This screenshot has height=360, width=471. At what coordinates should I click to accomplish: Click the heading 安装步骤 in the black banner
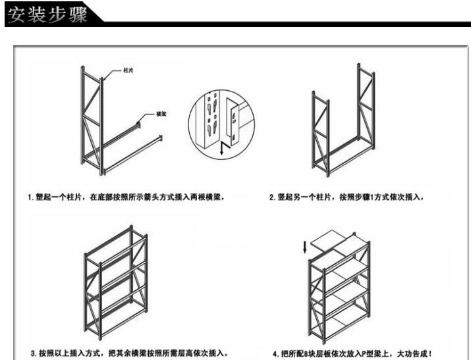[47, 14]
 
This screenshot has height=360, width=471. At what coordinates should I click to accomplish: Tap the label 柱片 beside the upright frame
[128, 70]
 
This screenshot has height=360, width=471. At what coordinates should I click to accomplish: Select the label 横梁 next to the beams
[161, 114]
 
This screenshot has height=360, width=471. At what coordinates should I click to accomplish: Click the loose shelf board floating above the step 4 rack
[327, 238]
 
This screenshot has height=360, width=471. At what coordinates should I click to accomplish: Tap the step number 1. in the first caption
[31, 197]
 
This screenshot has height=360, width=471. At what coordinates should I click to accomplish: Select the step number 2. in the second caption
[273, 197]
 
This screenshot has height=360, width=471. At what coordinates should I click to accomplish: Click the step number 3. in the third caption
[34, 353]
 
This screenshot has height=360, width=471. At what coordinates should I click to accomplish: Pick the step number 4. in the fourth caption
[275, 354]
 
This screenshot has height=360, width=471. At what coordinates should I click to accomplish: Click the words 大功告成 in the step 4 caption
[412, 353]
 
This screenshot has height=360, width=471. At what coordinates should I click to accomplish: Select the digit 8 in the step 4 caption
[306, 354]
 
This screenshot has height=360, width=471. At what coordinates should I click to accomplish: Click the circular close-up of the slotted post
[221, 124]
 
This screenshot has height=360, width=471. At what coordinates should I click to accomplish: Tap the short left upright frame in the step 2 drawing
[321, 134]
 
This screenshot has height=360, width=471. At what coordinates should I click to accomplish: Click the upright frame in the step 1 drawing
[92, 120]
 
